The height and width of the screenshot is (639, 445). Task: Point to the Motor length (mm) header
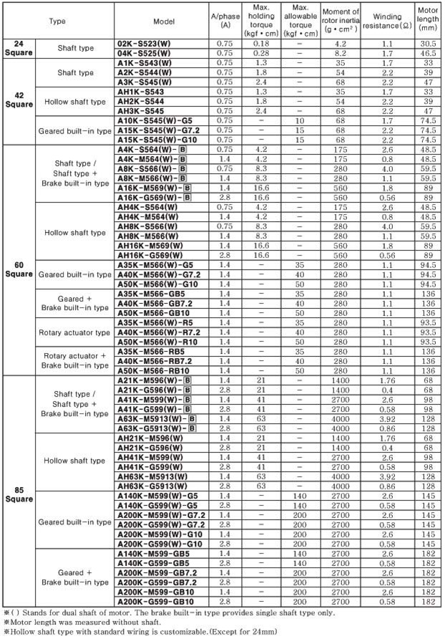[427, 21]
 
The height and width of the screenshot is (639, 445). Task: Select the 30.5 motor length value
[427, 44]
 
